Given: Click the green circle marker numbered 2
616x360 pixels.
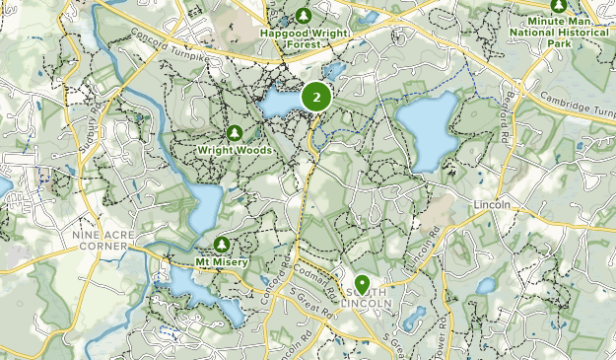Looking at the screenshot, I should coord(315,97).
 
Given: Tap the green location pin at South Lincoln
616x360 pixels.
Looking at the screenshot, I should coord(363,285).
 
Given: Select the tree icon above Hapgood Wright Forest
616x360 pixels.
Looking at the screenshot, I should coord(305,16).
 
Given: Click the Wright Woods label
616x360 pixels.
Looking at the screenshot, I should coord(234,150).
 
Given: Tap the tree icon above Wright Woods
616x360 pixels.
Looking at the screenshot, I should coord(235,133).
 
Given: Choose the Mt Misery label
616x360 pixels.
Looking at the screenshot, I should coord(222,261).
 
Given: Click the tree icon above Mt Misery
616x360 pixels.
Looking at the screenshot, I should coord(222,244).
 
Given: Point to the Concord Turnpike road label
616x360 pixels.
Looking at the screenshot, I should coord(169,47).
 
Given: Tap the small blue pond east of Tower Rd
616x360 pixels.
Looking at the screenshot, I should coord(485,286).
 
